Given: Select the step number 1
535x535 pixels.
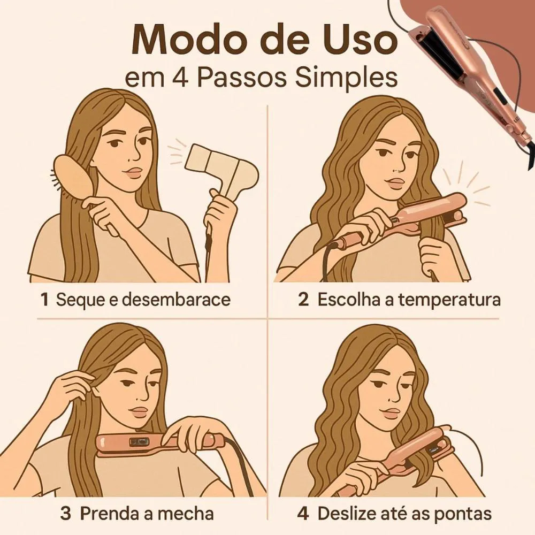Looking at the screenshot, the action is click(44, 300).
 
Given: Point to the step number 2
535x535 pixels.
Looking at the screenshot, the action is click(303, 300).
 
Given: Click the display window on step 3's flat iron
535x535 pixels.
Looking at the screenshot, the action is click(138, 442).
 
